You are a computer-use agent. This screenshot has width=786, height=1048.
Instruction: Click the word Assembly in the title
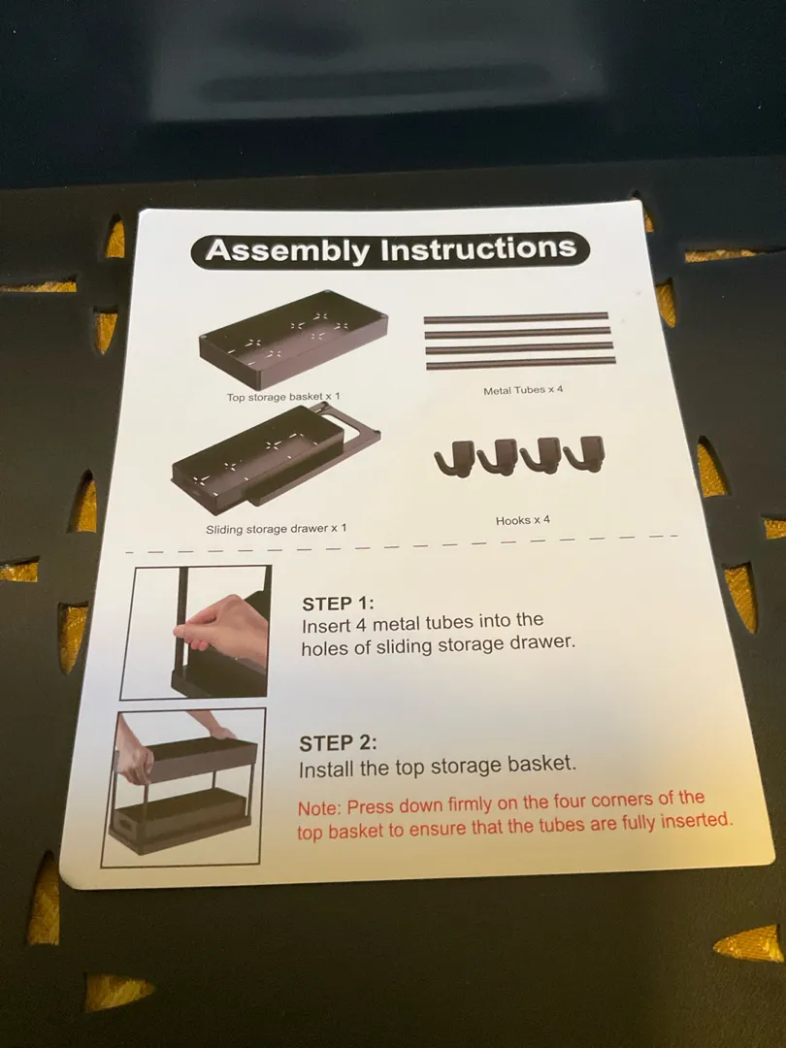287,250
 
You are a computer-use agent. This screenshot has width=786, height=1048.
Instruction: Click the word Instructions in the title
478,247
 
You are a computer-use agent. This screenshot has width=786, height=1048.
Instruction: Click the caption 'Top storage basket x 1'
283,397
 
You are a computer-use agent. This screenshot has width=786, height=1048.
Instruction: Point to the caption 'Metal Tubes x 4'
523,390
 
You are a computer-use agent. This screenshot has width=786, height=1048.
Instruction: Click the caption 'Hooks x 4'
523,520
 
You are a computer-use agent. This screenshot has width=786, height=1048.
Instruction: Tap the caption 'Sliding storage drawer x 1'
276,529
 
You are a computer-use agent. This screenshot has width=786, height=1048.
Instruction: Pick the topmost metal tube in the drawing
516,316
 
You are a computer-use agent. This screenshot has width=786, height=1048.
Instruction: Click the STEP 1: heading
339,604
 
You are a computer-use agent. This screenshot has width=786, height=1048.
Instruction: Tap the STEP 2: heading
338,743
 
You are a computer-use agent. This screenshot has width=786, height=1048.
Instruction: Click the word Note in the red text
319,808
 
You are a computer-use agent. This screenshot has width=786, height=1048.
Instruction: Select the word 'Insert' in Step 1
325,626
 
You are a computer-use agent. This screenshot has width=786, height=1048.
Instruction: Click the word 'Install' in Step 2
326,770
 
